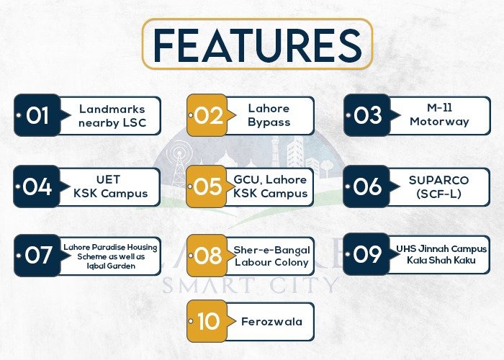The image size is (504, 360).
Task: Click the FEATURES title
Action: click(x=258, y=44)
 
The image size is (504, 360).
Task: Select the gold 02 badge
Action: click(x=210, y=115)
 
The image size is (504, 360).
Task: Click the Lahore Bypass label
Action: click(x=269, y=115)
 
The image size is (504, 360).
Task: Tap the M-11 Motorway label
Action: click(x=439, y=114)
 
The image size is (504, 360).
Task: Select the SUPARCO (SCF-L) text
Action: click(x=438, y=186)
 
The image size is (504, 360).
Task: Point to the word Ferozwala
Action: click(x=271, y=321)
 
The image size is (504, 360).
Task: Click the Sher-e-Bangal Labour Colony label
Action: click(x=271, y=256)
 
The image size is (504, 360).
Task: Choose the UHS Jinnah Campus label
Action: click(x=441, y=249)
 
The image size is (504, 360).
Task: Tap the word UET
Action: click(x=108, y=179)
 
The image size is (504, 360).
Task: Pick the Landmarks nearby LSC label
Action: click(x=112, y=116)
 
